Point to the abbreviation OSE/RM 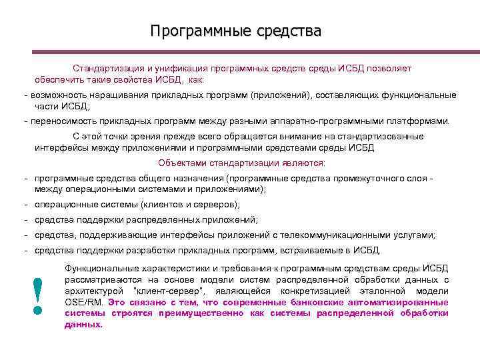point(83,302)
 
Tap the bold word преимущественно point(200,313)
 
